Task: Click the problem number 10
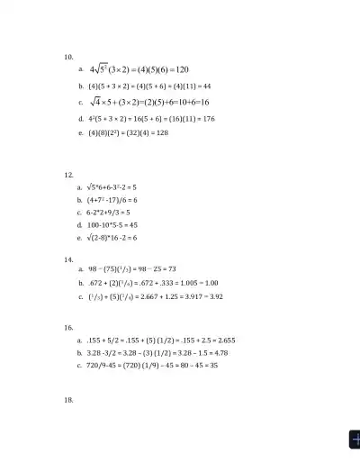click(x=68, y=56)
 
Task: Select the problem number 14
click(x=68, y=259)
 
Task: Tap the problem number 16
click(x=68, y=328)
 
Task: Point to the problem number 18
click(x=68, y=400)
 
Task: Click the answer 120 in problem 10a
click(x=179, y=70)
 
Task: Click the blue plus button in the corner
click(x=354, y=439)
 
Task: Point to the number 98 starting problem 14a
click(x=93, y=269)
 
